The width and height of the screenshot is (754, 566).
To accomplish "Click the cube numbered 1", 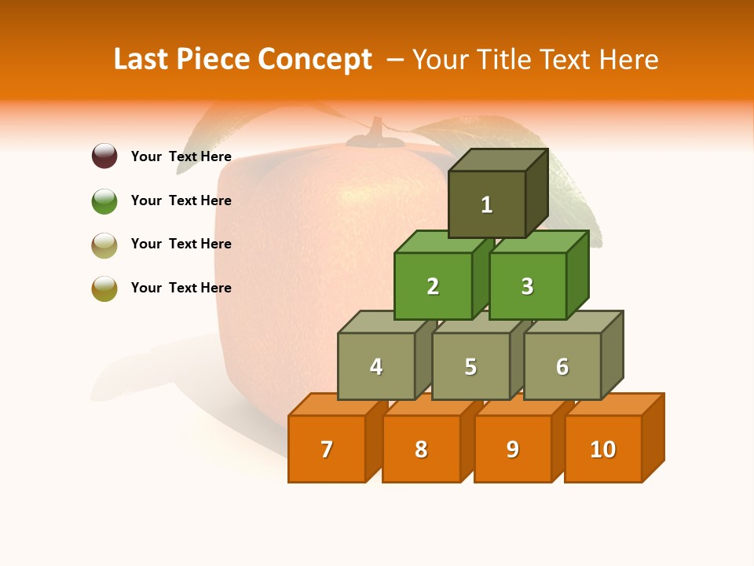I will coord(487,204).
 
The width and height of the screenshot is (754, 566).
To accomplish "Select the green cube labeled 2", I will coord(433,286).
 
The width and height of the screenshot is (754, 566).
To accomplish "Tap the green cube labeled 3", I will coord(527,286).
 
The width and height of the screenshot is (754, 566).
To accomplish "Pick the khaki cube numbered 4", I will coord(376,366).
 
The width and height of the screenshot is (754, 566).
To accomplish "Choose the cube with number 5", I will coord(470,366).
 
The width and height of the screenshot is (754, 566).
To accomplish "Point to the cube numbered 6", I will coord(562,366).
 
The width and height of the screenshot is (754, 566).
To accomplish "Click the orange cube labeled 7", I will coord(327,449).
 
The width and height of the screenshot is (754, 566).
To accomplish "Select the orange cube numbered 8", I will coord(421,449).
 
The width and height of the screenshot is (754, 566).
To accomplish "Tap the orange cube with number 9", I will coord(513,449).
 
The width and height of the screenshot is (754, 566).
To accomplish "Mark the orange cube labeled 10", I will coord(603,449).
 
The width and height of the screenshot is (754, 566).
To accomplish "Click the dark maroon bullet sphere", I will coord(104,156).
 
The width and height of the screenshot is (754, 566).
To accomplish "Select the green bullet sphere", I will coord(104,200).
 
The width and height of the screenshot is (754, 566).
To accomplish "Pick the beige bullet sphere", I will coord(104,244).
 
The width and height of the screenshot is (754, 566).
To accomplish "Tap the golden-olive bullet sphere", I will coord(104,288).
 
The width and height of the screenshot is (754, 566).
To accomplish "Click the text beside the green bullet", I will coord(181,200).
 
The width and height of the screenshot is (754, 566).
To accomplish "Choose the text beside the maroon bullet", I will coord(181,156).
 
